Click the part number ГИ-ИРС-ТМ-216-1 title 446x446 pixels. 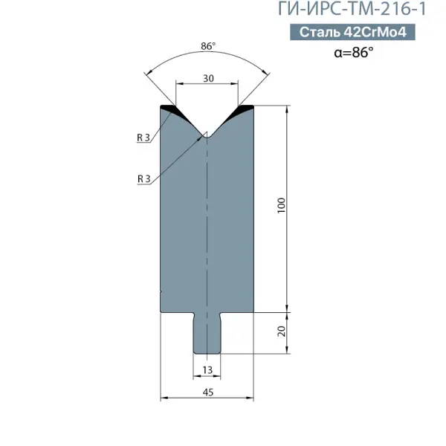[x=352, y=8]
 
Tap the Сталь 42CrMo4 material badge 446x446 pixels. [x=352, y=32]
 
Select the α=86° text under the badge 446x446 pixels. [x=354, y=52]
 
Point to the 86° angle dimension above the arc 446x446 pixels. [x=208, y=46]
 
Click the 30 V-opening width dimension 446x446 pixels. [x=208, y=78]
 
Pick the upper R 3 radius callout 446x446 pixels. [x=143, y=138]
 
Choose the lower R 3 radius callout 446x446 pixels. [x=143, y=179]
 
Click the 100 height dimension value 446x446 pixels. [x=281, y=205]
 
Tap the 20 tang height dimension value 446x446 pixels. [x=281, y=332]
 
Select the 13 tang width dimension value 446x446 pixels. [x=207, y=369]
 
